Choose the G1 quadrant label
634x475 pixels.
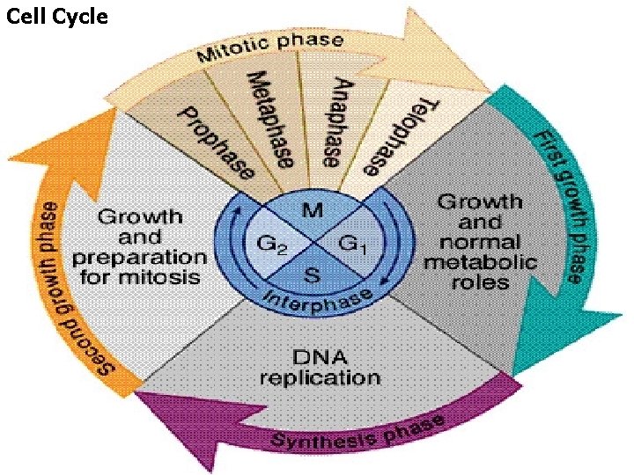(353, 243)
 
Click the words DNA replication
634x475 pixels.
(321, 368)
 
